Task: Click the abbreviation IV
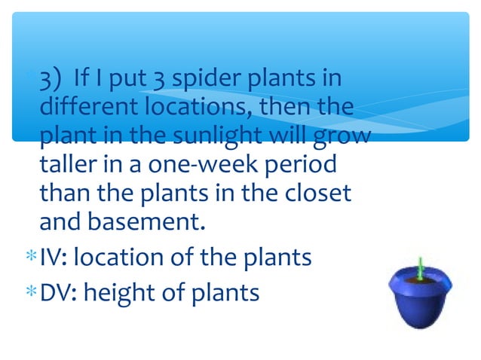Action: [51, 258]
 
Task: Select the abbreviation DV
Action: [55, 291]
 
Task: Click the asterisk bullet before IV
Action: [29, 258]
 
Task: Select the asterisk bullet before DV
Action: [29, 292]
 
